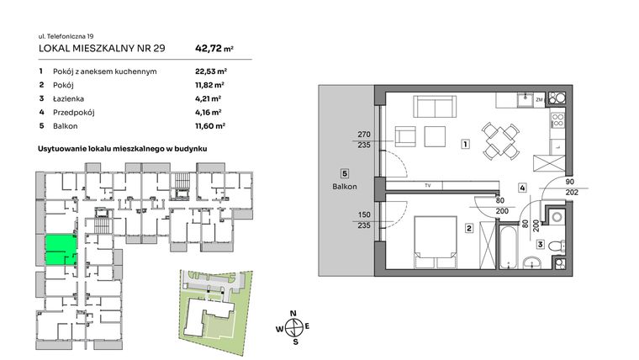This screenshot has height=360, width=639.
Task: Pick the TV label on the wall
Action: tap(427, 185)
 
